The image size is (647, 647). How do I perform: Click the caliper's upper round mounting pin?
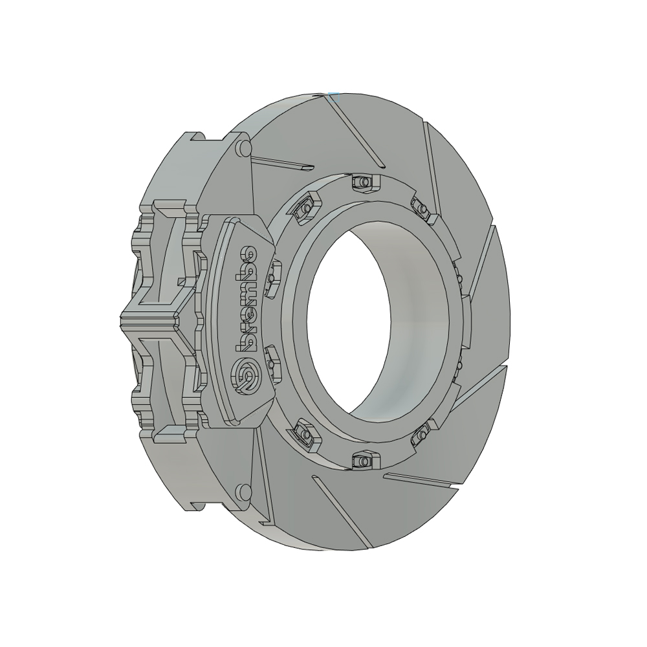coord(244,148)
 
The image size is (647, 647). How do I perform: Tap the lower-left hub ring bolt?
coord(306,433)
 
